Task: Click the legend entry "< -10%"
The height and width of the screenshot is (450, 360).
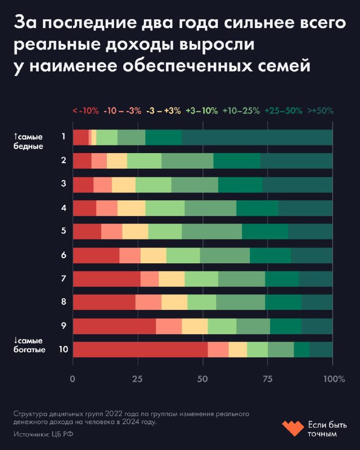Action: [85, 111]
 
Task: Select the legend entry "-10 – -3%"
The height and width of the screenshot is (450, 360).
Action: [122, 111]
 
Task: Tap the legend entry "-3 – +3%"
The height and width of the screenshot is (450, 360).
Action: [163, 111]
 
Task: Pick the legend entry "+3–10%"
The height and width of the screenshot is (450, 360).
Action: [201, 111]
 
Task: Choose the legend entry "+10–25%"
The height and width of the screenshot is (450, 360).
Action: [241, 111]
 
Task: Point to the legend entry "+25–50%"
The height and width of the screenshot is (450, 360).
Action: [283, 111]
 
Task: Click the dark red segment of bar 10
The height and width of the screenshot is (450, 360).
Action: [140, 349]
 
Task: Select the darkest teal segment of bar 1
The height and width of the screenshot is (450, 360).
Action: [257, 137]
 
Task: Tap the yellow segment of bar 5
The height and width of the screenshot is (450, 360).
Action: [135, 232]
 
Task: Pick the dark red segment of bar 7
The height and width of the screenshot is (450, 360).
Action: [106, 279]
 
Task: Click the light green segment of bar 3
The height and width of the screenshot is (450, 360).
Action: [153, 184]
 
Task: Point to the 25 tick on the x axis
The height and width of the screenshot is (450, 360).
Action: [137, 379]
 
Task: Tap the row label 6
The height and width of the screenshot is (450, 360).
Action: [64, 255]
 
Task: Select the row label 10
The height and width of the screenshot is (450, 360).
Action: [64, 349]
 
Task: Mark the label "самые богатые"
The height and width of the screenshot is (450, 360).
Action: [29, 345]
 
